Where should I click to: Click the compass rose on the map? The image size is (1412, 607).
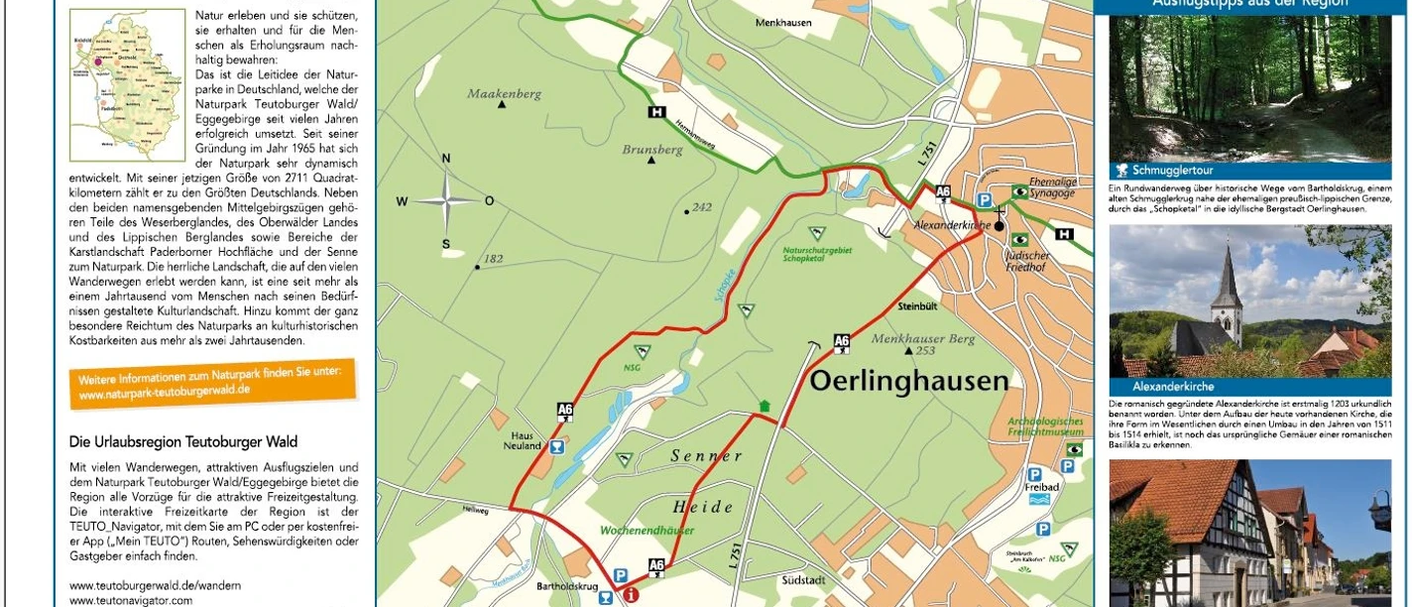click(x=446, y=201)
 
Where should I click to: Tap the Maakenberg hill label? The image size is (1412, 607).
click(x=505, y=94)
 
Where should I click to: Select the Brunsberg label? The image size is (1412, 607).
click(x=651, y=150)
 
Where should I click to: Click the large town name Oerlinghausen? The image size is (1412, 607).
click(x=908, y=381)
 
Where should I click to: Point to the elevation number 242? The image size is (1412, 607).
click(x=702, y=207)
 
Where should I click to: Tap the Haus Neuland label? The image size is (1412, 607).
click(x=526, y=440)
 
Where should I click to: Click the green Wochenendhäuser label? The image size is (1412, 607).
click(x=647, y=531)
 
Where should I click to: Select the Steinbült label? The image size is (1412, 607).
click(x=917, y=306)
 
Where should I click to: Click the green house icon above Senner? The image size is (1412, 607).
click(x=764, y=406)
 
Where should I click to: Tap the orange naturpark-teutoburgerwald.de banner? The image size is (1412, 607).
click(x=211, y=383)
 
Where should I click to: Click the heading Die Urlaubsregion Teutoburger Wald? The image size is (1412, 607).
click(x=183, y=441)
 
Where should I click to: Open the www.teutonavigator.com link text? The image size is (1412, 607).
click(x=131, y=600)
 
